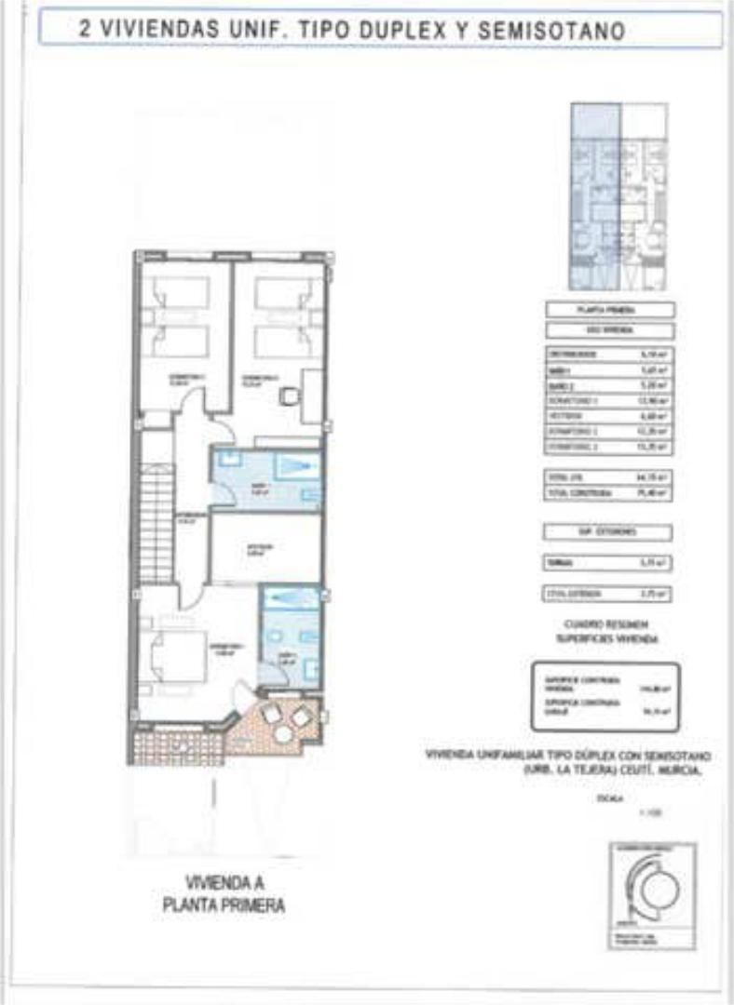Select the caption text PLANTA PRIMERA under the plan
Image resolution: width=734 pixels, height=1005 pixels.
(223, 904)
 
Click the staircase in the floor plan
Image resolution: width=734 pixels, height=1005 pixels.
(156, 526)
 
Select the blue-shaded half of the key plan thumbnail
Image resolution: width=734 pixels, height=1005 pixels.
(595, 195)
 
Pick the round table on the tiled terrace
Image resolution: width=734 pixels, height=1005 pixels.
(282, 733)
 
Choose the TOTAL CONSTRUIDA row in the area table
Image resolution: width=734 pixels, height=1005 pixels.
(608, 494)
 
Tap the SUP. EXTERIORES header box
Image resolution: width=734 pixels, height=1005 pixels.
(607, 532)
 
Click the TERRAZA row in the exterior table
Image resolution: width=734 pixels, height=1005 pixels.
(607, 562)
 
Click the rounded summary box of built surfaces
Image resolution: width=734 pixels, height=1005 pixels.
(606, 697)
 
